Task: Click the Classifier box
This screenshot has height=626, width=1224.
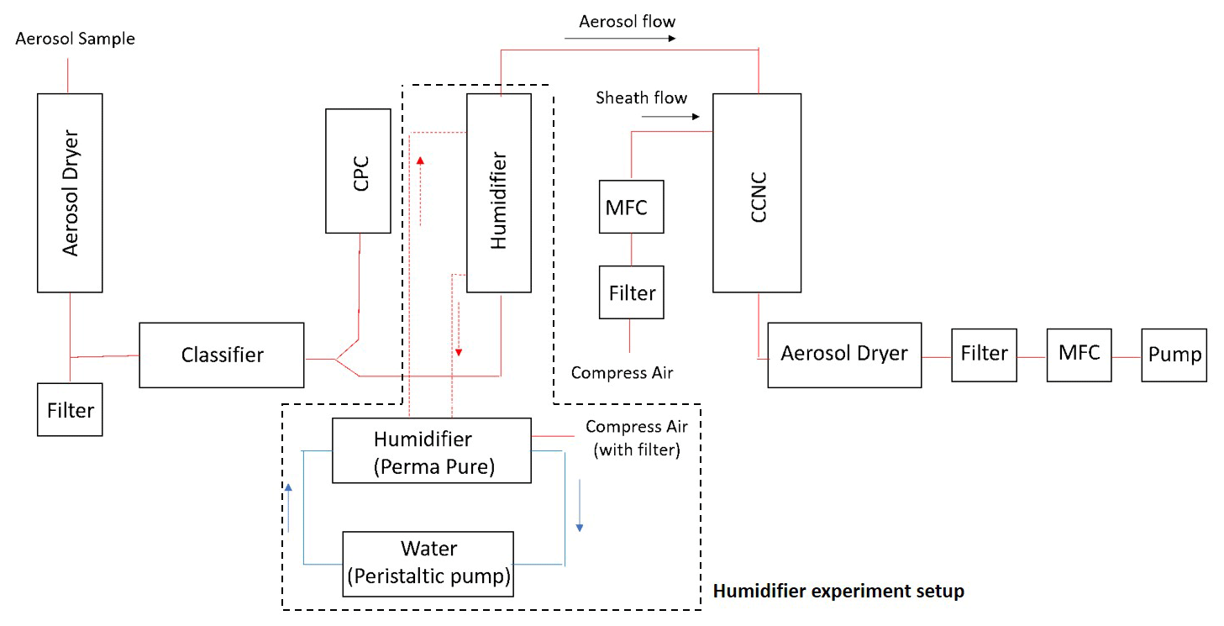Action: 222,355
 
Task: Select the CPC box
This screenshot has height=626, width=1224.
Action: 359,171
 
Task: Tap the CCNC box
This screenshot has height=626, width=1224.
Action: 757,192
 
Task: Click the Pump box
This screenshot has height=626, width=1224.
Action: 1174,355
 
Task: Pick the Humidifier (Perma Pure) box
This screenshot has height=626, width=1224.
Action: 432,451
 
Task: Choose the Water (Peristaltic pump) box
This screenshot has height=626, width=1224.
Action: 428,563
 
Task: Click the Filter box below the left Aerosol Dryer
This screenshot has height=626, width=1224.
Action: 70,409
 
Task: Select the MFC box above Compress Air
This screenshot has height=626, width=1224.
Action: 632,206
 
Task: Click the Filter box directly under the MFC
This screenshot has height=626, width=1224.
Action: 632,292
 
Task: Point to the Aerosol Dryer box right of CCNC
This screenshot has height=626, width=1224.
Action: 844,355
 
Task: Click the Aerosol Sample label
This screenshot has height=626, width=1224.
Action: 76,39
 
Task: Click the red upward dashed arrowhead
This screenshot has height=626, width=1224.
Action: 421,160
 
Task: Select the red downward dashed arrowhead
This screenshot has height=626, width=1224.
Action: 459,350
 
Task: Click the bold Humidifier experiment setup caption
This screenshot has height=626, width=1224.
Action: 838,592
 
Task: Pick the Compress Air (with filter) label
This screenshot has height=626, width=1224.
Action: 636,438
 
